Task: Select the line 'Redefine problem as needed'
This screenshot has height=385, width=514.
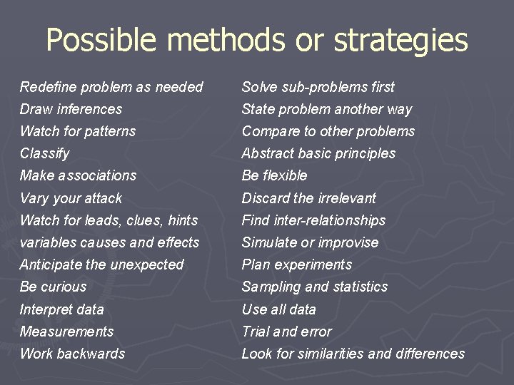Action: tap(111, 87)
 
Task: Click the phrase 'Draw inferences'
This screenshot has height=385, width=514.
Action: tap(71, 109)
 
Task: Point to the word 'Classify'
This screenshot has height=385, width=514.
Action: tap(44, 153)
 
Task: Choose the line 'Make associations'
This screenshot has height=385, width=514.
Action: tap(78, 175)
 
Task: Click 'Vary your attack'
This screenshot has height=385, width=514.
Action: tap(71, 198)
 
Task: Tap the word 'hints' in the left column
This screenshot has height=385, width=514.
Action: tap(182, 220)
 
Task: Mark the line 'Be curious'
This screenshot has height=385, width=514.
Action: tap(53, 287)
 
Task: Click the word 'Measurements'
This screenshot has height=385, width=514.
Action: tap(66, 332)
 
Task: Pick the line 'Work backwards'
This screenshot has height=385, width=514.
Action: tap(72, 354)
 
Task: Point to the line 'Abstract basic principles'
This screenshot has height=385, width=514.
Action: tap(318, 153)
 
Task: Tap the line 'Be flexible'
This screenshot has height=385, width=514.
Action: tap(274, 175)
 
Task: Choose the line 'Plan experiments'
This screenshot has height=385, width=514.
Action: tap(296, 265)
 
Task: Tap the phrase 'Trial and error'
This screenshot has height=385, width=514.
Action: tap(286, 332)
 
